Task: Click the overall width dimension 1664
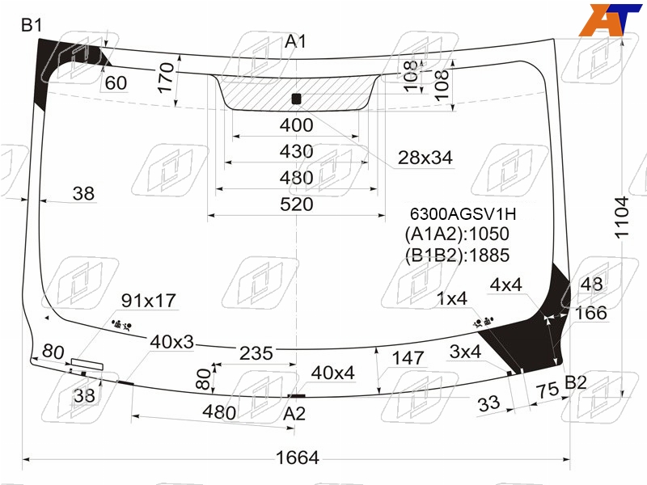(x=297, y=458)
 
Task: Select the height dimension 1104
(x=622, y=217)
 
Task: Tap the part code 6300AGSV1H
(x=463, y=214)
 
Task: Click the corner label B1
(x=32, y=26)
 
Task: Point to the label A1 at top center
(x=295, y=41)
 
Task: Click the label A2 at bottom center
(x=294, y=413)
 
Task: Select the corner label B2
(x=575, y=382)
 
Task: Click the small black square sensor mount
(x=296, y=99)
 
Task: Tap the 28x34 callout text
(x=425, y=158)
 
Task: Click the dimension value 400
(x=296, y=125)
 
